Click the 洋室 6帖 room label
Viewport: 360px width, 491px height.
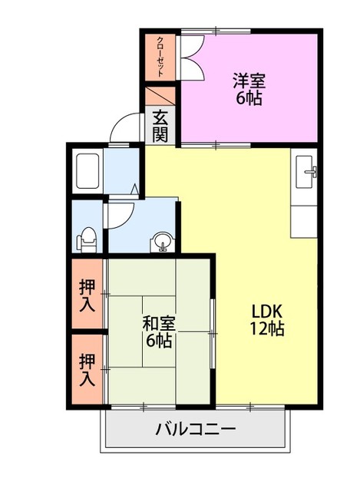[249, 88]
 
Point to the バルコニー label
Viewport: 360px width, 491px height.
[196, 429]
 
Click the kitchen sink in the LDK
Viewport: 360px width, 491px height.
[306, 172]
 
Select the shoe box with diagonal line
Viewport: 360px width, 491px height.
[160, 96]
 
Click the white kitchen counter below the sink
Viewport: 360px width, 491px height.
[305, 215]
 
